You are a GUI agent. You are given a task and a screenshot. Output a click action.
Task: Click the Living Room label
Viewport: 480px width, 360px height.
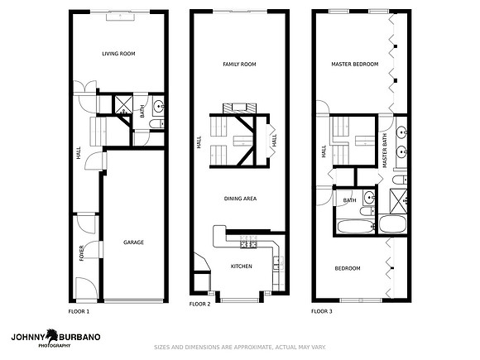click(x=118, y=54)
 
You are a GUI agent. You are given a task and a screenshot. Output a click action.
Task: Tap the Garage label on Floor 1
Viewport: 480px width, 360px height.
click(x=133, y=242)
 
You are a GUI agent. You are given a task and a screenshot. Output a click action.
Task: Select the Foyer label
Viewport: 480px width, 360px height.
click(x=81, y=253)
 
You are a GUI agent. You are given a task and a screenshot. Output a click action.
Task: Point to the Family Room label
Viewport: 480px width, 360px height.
click(x=239, y=65)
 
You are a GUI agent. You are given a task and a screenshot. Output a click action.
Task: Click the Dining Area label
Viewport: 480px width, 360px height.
click(x=240, y=199)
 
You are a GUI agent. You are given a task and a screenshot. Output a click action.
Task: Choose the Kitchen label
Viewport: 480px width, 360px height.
click(x=241, y=266)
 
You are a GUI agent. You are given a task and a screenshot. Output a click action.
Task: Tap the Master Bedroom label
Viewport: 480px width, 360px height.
click(x=355, y=65)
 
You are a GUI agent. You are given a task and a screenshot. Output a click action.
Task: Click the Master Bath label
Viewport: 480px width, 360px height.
click(x=385, y=151)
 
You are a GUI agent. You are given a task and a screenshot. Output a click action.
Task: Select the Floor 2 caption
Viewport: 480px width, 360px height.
click(x=200, y=304)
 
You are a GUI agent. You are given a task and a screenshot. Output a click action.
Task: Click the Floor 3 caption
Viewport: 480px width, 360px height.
click(x=322, y=311)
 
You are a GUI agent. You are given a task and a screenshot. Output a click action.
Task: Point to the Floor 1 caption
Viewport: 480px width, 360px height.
click(x=79, y=312)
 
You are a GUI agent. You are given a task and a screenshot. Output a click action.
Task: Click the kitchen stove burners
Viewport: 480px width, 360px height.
click(x=248, y=242)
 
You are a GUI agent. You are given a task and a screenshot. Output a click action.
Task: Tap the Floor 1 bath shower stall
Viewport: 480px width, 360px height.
click(x=123, y=105)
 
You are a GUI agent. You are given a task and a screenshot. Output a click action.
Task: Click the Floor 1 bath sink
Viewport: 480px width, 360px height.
click(x=159, y=107)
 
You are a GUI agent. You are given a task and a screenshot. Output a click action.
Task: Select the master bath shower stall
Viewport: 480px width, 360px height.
click(x=398, y=201)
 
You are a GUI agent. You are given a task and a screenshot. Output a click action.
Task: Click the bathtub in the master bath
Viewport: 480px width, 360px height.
click(x=393, y=224)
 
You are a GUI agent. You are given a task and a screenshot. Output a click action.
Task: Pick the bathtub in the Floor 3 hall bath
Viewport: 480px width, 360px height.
click(x=356, y=226)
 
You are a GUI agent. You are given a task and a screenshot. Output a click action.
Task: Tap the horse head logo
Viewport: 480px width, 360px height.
click(x=53, y=336)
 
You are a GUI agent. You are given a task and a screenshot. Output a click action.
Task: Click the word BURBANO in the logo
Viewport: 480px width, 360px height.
click(x=79, y=338)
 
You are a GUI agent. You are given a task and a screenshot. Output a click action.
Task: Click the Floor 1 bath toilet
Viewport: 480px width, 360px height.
click(x=157, y=124)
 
